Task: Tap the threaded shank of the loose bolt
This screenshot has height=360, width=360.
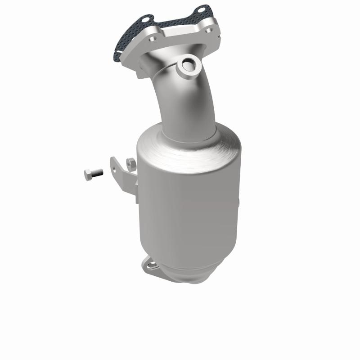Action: (x=96, y=172)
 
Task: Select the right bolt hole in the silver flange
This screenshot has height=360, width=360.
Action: (x=207, y=30)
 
